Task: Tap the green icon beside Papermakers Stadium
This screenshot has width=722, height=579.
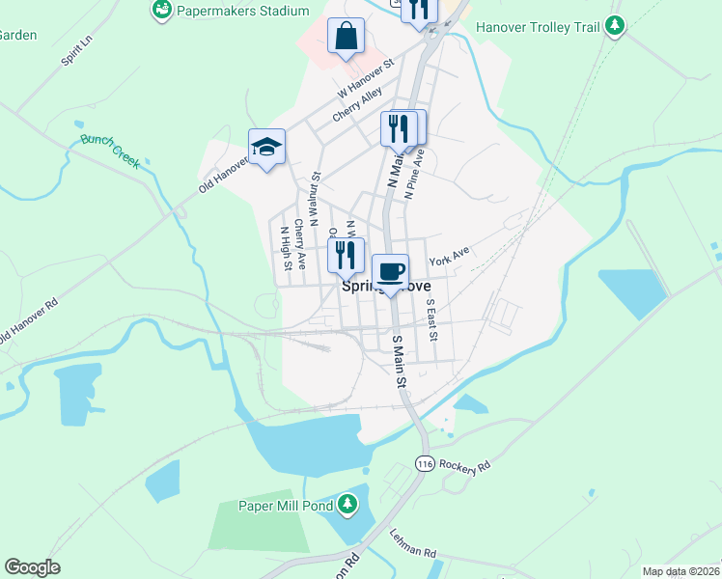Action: point(162,11)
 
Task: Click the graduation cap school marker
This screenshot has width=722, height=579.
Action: point(266,148)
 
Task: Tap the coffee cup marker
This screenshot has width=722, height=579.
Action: point(390,272)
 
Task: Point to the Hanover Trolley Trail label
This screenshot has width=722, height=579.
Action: point(543,26)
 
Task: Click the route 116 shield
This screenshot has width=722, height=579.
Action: point(424,464)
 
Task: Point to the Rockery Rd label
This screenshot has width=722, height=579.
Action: point(465,465)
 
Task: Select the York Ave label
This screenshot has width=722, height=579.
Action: point(449,257)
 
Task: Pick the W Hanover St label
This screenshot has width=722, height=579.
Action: point(367,80)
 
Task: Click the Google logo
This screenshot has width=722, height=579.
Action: point(32,566)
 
